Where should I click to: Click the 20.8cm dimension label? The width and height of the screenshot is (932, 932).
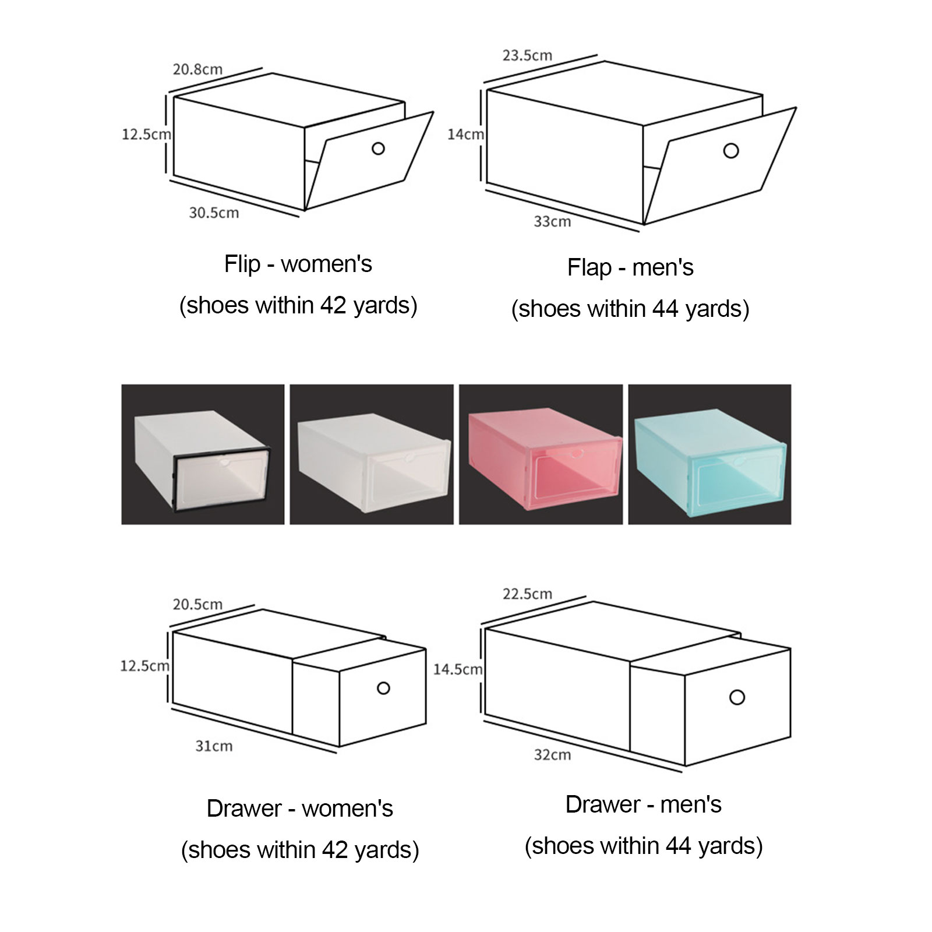[197, 69]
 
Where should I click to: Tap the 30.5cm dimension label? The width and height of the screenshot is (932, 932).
[214, 213]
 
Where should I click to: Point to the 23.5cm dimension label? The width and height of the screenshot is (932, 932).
[527, 55]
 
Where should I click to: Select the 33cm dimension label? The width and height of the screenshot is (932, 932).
[552, 221]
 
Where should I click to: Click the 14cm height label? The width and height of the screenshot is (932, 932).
[465, 134]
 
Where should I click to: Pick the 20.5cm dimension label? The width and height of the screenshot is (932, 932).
[197, 604]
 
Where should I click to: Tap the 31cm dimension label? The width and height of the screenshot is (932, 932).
[214, 746]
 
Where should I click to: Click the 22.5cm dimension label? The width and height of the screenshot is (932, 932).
[527, 594]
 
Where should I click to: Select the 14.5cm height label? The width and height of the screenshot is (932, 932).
[458, 669]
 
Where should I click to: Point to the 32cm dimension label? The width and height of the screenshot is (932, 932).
[552, 755]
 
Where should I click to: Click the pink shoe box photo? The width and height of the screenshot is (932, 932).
[541, 454]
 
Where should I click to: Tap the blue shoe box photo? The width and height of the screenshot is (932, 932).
[709, 454]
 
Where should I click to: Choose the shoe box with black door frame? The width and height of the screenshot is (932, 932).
[203, 454]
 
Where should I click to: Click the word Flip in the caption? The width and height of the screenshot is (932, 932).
[242, 264]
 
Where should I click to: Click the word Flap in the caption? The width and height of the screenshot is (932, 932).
[589, 268]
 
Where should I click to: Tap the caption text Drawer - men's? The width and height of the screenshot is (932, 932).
[644, 804]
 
